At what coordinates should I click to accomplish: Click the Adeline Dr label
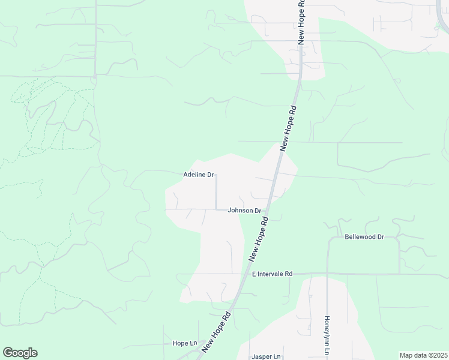pyautogui.click(x=198, y=175)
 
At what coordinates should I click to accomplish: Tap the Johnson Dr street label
pyautogui.click(x=244, y=211)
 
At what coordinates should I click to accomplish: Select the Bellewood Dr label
pyautogui.click(x=364, y=237)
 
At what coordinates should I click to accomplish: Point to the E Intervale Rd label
pyautogui.click(x=272, y=274)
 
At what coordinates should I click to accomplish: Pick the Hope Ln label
pyautogui.click(x=184, y=343)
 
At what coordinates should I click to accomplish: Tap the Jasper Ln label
pyautogui.click(x=267, y=356)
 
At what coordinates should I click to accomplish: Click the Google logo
pyautogui.click(x=20, y=353)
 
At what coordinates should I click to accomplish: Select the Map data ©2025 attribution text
pyautogui.click(x=423, y=355)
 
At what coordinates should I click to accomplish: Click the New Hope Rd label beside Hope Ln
pyautogui.click(x=217, y=332)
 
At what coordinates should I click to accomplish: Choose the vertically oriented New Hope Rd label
pyautogui.click(x=301, y=21)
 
